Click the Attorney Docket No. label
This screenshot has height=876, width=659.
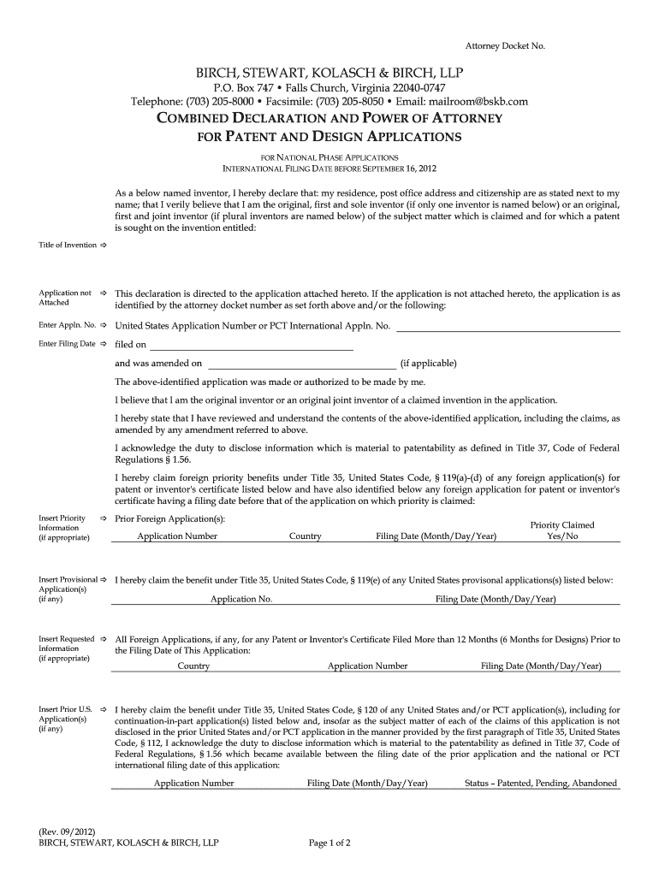(504, 44)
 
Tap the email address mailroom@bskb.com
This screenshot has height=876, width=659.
(484, 102)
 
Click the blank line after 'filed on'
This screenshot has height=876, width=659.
(251, 346)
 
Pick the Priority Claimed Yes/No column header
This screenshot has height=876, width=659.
(562, 530)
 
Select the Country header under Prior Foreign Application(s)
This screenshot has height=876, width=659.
(306, 536)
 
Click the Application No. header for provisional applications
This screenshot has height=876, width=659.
(241, 599)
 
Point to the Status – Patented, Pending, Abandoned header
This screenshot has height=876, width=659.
(540, 783)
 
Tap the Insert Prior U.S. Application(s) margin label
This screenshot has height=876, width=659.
(65, 719)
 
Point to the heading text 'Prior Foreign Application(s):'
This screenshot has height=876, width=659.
(170, 519)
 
